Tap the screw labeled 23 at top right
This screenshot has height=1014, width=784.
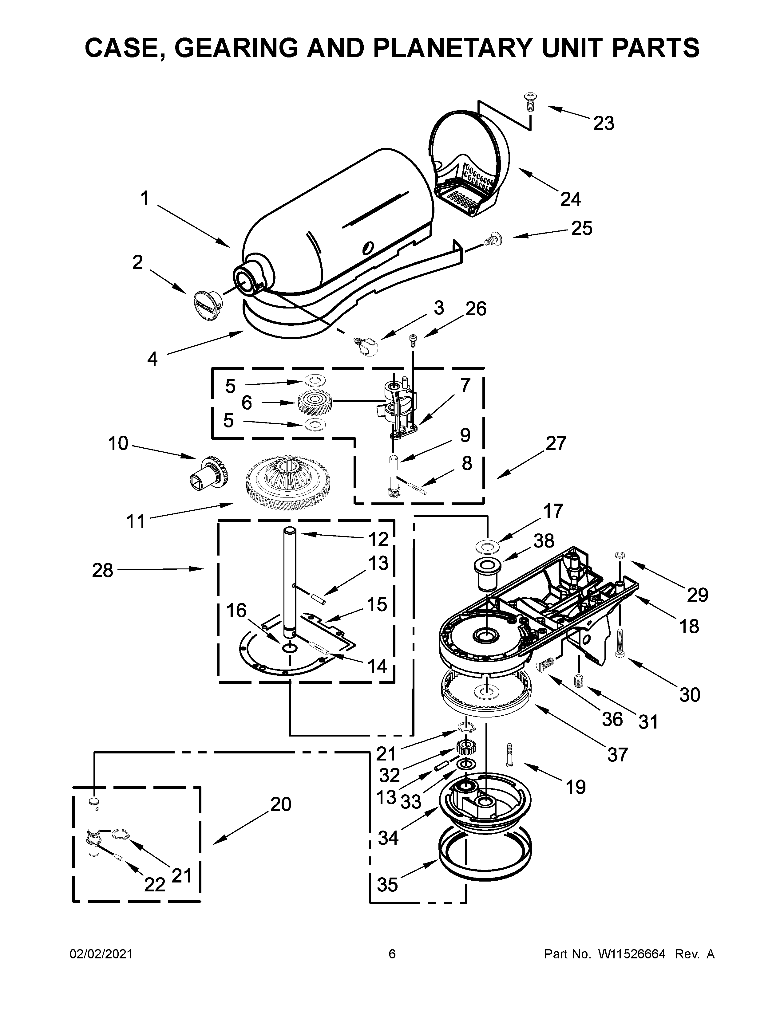point(529,101)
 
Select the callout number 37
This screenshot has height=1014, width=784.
point(617,755)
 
